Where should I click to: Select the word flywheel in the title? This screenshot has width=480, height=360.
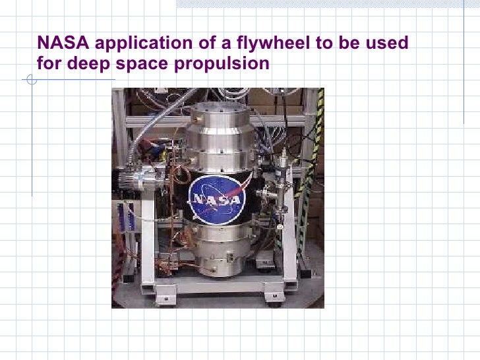(251, 44)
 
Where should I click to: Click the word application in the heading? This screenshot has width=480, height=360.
(137, 44)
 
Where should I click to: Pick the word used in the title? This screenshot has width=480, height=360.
(388, 44)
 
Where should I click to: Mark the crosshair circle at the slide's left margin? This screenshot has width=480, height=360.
(30, 82)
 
